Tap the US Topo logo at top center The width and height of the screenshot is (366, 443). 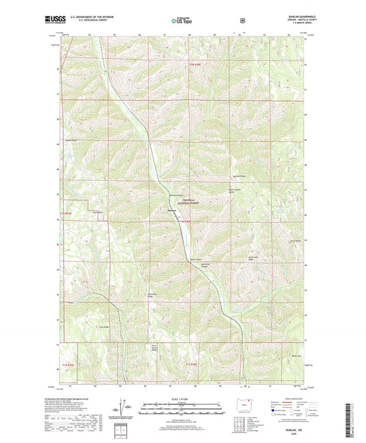(x=182, y=21)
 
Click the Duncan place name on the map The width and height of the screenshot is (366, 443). (x=173, y=211)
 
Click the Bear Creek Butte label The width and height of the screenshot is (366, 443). (x=236, y=191)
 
